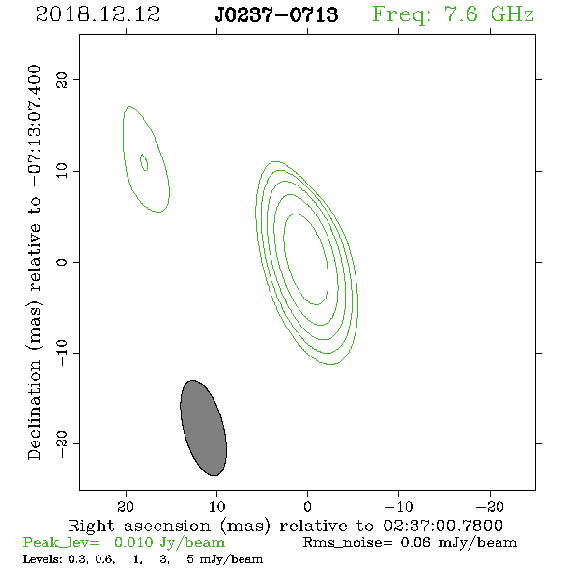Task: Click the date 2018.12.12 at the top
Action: point(98,14)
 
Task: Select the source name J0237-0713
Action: point(276,14)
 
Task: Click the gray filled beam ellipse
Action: point(204,428)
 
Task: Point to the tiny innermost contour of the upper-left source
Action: point(144,162)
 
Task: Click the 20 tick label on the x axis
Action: point(126,506)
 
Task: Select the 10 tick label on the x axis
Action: point(217,506)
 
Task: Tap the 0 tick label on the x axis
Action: point(308,506)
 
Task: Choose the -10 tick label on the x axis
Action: point(399,506)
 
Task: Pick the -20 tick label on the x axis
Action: point(490,506)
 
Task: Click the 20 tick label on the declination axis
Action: point(62,79)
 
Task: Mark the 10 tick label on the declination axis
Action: point(62,170)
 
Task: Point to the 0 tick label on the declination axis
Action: point(62,262)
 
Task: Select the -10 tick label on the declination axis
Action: point(62,353)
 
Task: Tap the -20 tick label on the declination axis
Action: point(62,444)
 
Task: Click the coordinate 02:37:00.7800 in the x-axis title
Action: point(443,526)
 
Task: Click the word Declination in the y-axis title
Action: point(34,411)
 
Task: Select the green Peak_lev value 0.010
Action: point(133,542)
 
